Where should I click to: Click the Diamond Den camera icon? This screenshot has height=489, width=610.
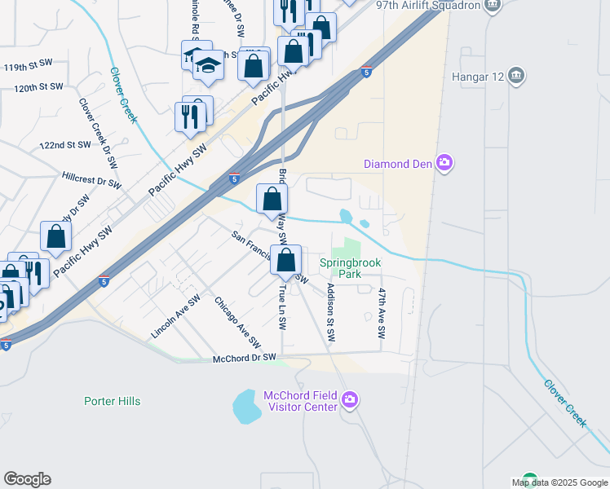[x=444, y=164]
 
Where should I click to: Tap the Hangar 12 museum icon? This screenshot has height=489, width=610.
[x=515, y=77]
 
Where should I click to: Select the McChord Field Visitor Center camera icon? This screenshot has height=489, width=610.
[x=350, y=399]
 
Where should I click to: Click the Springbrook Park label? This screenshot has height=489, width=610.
[x=351, y=269]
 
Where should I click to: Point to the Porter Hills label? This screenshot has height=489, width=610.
[x=113, y=401]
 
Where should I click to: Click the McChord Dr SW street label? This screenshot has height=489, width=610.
[x=245, y=358]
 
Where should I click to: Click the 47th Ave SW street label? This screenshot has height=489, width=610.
[x=382, y=312]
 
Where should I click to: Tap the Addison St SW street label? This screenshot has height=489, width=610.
[x=330, y=313]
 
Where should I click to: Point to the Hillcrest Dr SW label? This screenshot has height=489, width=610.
[x=91, y=179]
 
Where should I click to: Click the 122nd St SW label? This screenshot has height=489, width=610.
[x=65, y=145]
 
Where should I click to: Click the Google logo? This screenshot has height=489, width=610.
[x=27, y=479]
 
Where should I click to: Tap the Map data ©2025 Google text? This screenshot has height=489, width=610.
[x=559, y=482]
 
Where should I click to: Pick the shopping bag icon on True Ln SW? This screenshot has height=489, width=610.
[x=286, y=261]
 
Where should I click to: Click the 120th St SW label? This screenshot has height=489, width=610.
[x=38, y=86]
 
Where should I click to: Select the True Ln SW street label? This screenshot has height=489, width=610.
[x=281, y=307]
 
